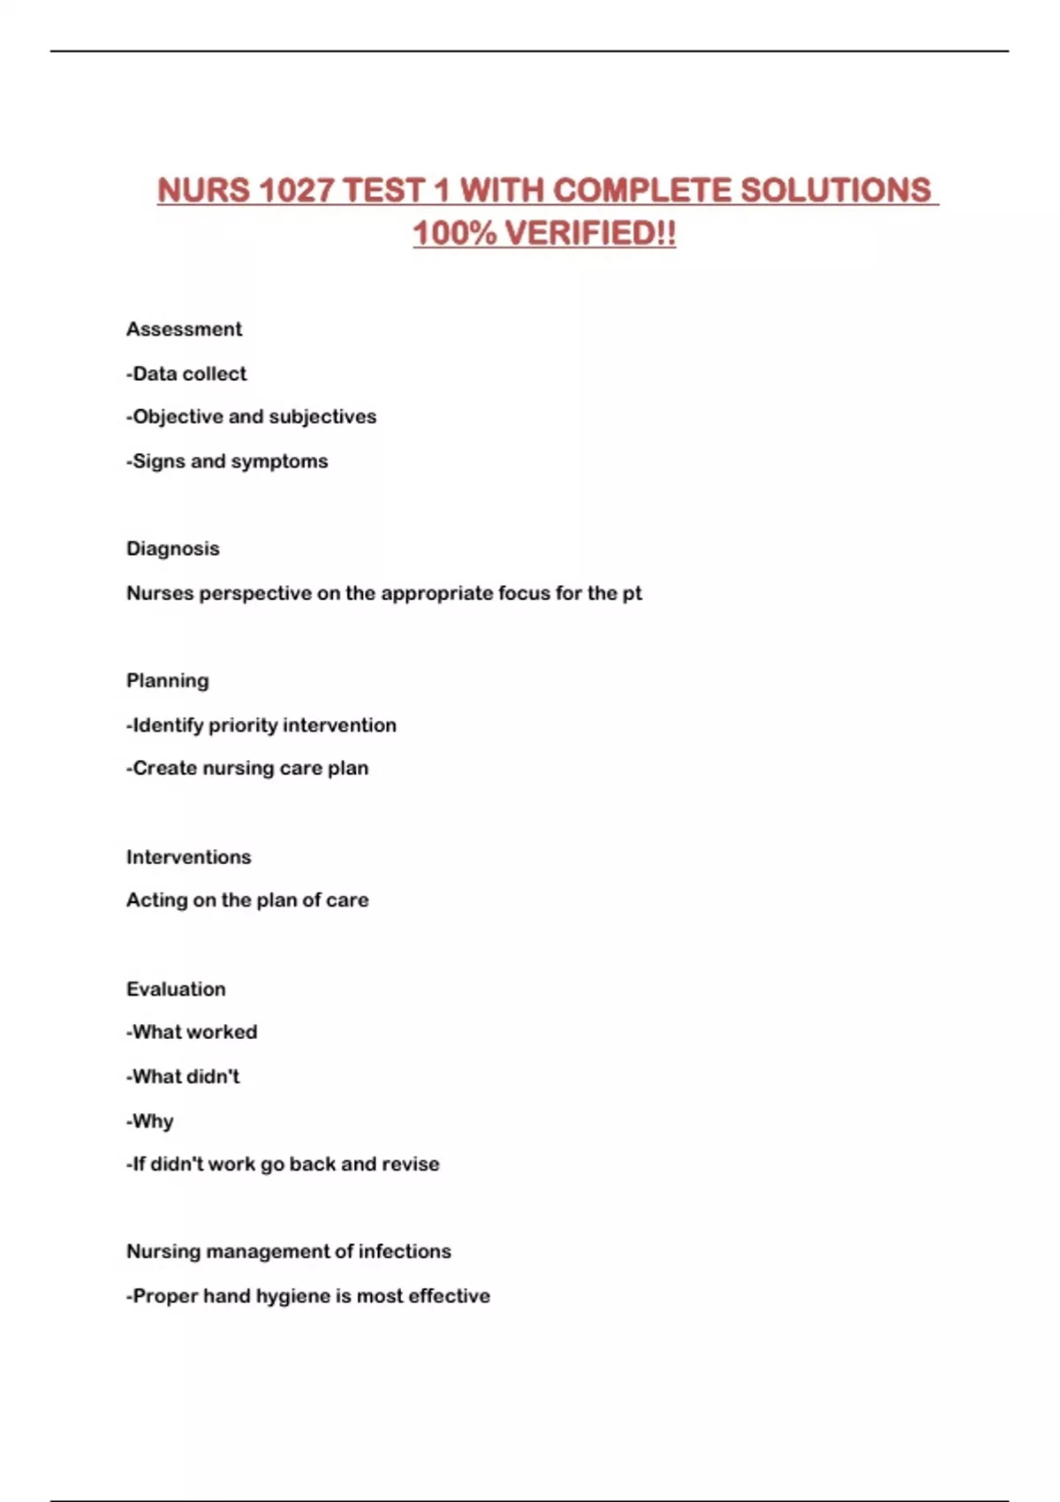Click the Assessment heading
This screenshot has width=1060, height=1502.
tap(184, 330)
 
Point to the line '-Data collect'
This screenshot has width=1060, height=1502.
tap(186, 374)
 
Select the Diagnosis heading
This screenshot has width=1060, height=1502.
tap(173, 549)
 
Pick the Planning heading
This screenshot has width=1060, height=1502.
tap(168, 681)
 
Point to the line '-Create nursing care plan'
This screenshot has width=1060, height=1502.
tap(247, 769)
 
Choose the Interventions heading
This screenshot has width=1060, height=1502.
tap(188, 857)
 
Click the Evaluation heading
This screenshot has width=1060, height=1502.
tap(176, 990)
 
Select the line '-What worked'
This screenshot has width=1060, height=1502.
tap(192, 1033)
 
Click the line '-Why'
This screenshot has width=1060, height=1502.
tap(150, 1121)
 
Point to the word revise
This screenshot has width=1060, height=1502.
tap(411, 1164)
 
